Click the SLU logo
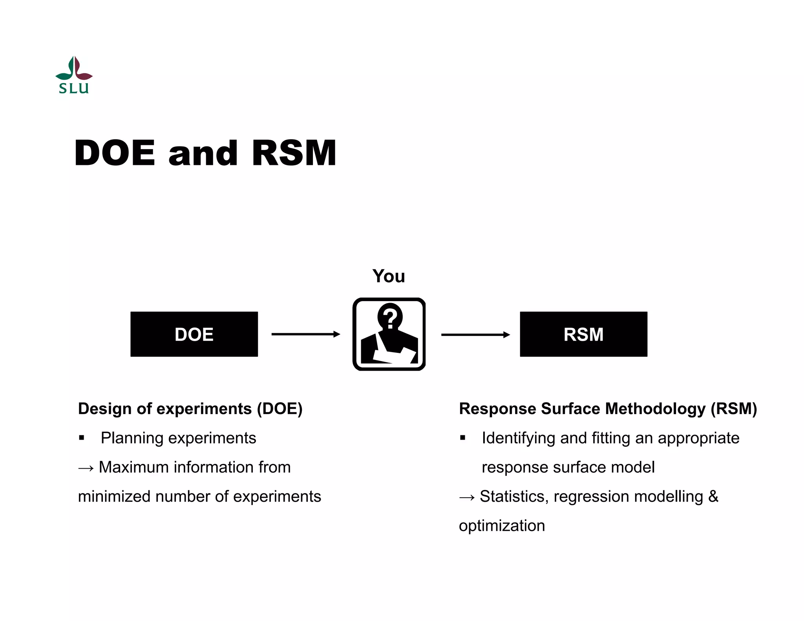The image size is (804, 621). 74,75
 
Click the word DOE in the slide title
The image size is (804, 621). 115,153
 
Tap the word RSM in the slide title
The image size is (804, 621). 294,153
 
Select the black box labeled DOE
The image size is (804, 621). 194,334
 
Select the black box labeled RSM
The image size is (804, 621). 583,334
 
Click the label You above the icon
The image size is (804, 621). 389,276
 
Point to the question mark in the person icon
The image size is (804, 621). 390,318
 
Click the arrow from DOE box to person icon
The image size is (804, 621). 305,334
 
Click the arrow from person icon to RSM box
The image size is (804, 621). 475,334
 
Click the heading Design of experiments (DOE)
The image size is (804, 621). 190,409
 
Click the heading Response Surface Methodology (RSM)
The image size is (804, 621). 608,409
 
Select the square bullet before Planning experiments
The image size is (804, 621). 82,438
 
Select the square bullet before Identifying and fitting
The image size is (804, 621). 463,438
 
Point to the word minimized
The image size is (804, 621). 114,497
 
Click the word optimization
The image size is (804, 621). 502,526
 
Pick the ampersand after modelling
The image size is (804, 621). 713,496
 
